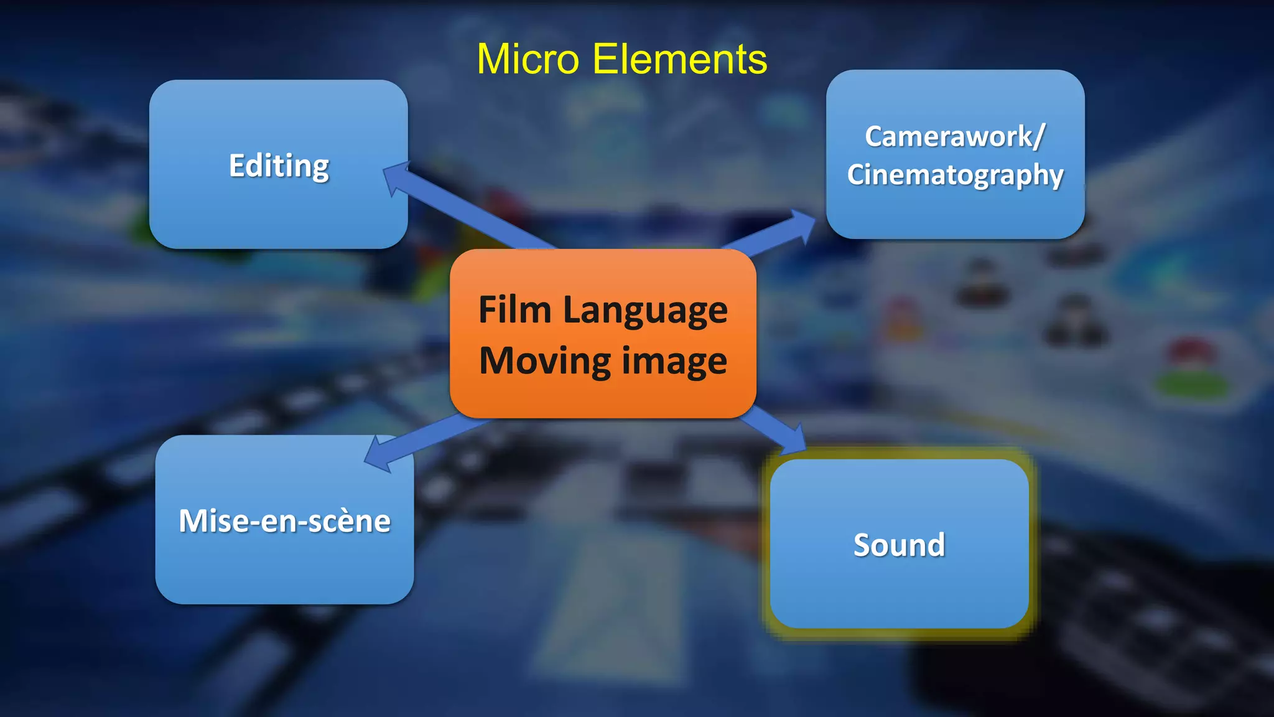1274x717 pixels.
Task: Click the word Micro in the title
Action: coord(528,60)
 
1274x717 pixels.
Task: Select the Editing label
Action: coord(279,166)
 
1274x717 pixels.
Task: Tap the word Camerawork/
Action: coord(955,136)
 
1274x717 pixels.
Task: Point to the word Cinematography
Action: coord(955,175)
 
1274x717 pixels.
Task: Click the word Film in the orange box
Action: coord(515,309)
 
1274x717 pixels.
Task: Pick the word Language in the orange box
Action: coord(645,311)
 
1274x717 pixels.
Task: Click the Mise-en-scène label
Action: coord(284,521)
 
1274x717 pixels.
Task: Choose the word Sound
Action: coord(899,545)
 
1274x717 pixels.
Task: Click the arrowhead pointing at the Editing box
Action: coord(396,177)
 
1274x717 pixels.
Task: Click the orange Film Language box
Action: coord(603,392)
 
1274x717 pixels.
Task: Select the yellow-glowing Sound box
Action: coord(899,591)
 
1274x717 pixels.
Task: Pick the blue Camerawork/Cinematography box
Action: coord(955,212)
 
